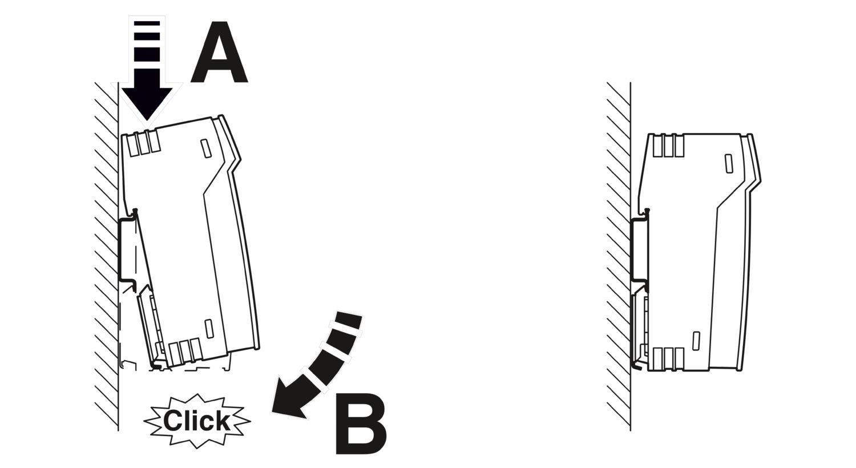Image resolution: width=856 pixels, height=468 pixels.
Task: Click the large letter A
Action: [219, 53]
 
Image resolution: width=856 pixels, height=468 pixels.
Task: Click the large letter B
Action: [361, 424]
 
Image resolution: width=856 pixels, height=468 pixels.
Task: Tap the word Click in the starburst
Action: [197, 421]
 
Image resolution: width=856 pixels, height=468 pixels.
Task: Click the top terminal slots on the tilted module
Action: [144, 143]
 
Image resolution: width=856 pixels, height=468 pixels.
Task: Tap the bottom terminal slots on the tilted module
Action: [185, 352]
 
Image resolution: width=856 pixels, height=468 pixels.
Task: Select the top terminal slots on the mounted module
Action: [668, 146]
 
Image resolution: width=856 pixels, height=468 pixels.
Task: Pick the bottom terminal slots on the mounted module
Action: [668, 359]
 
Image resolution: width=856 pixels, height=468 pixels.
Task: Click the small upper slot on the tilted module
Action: [206, 148]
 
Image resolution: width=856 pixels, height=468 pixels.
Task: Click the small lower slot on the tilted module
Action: [209, 329]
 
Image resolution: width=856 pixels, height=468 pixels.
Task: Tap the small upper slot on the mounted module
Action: [729, 163]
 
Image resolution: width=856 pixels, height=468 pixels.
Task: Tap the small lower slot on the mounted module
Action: [696, 341]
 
